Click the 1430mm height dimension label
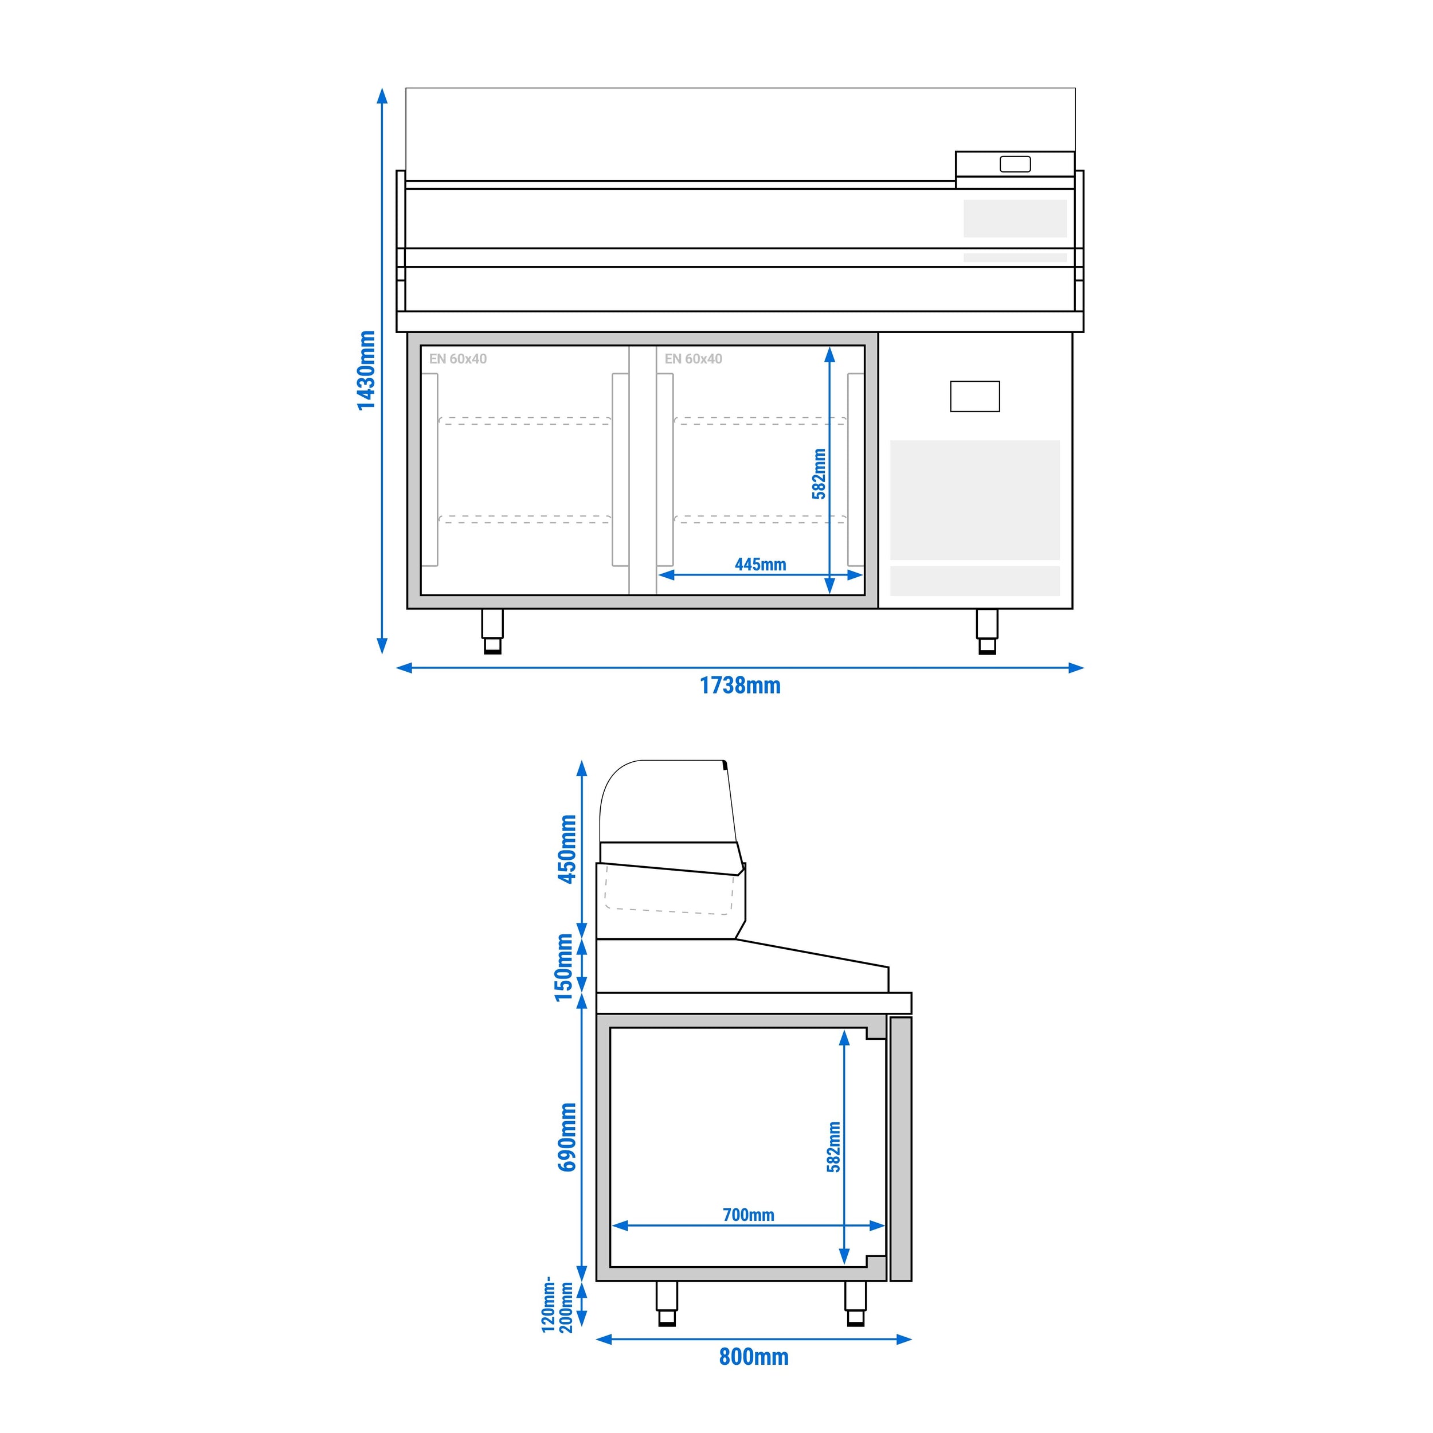coord(366,370)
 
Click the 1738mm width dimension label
coord(740,686)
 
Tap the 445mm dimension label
coord(760,565)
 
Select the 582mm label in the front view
coord(819,474)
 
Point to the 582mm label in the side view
coord(833,1147)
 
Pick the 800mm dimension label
coord(754,1357)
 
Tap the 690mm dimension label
coord(567,1137)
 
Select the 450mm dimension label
coord(567,849)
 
